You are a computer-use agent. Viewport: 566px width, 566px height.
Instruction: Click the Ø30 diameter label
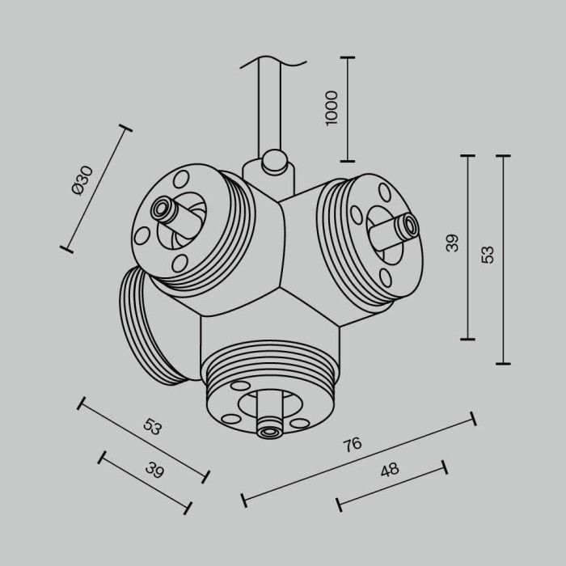coord(82,180)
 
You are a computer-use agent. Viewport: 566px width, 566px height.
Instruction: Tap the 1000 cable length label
coord(331,107)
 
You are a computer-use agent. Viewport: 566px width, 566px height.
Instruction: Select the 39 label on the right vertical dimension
coord(452,243)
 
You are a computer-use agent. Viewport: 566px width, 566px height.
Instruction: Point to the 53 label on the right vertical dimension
coord(487,253)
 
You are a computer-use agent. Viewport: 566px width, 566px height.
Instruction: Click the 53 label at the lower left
coord(152,427)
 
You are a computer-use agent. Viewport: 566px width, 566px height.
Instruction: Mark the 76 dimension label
coord(352,444)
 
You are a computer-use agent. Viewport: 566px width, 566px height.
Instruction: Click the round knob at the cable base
coord(273,161)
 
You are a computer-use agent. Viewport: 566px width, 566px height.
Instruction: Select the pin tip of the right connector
coord(412,225)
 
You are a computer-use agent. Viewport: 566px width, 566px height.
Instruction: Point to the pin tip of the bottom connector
coord(268,433)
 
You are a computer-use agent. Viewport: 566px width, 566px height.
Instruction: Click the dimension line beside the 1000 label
coord(348,109)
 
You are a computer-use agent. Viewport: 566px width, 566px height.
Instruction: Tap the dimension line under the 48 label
coord(391,486)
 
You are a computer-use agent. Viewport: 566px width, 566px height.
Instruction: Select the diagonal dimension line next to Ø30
coord(95,188)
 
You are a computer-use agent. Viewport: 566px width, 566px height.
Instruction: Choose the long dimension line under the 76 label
coord(358,460)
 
